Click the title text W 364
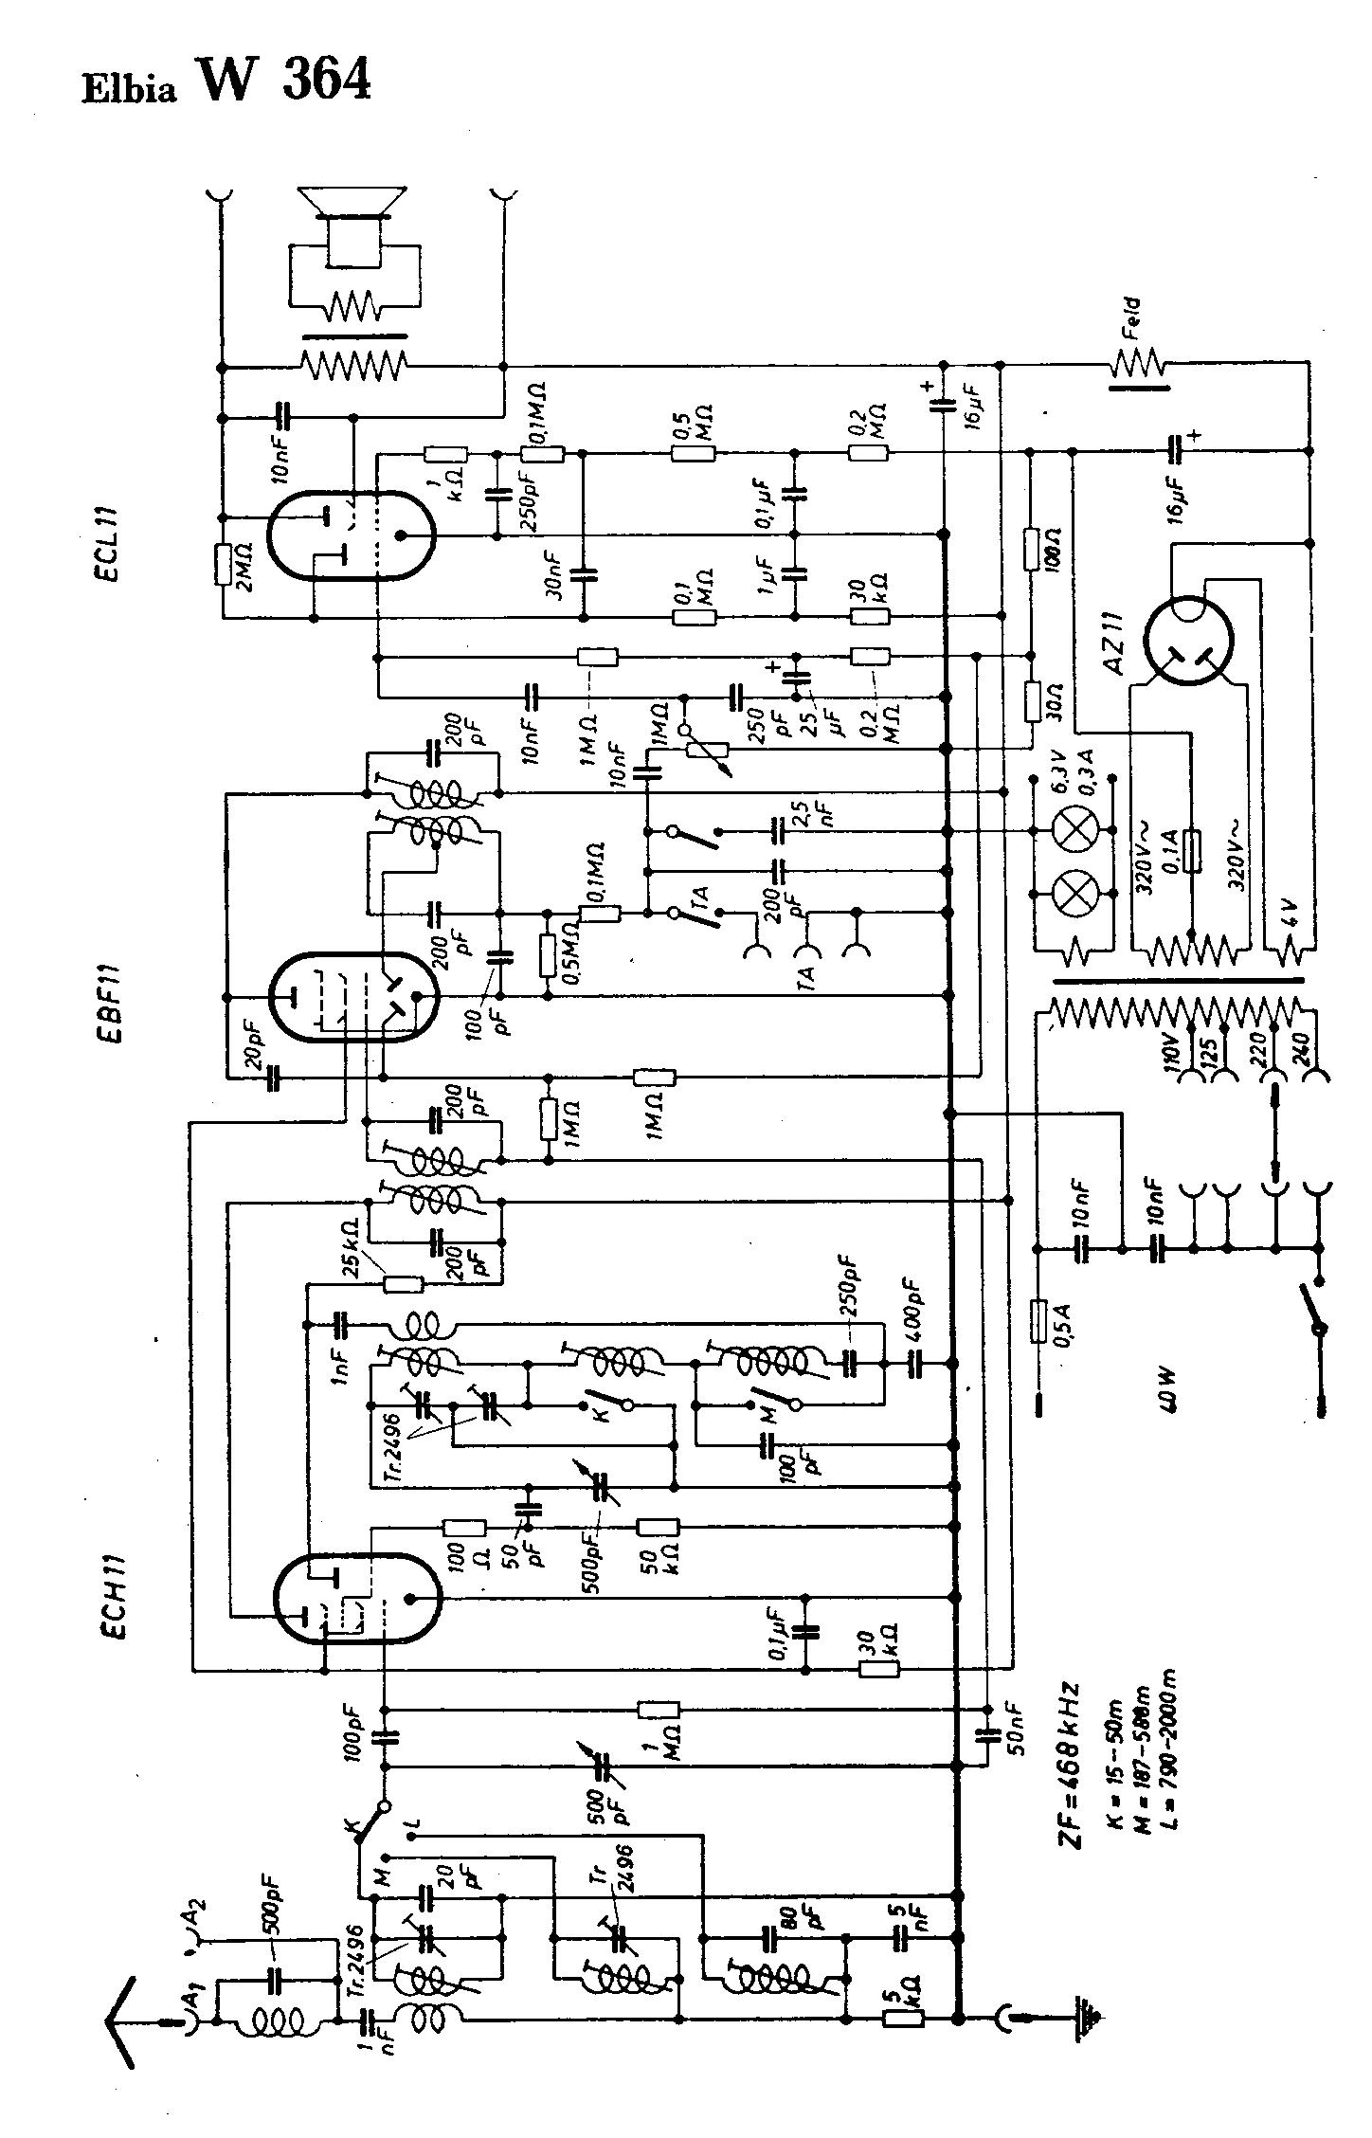(283, 80)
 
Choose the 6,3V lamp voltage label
(1060, 772)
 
